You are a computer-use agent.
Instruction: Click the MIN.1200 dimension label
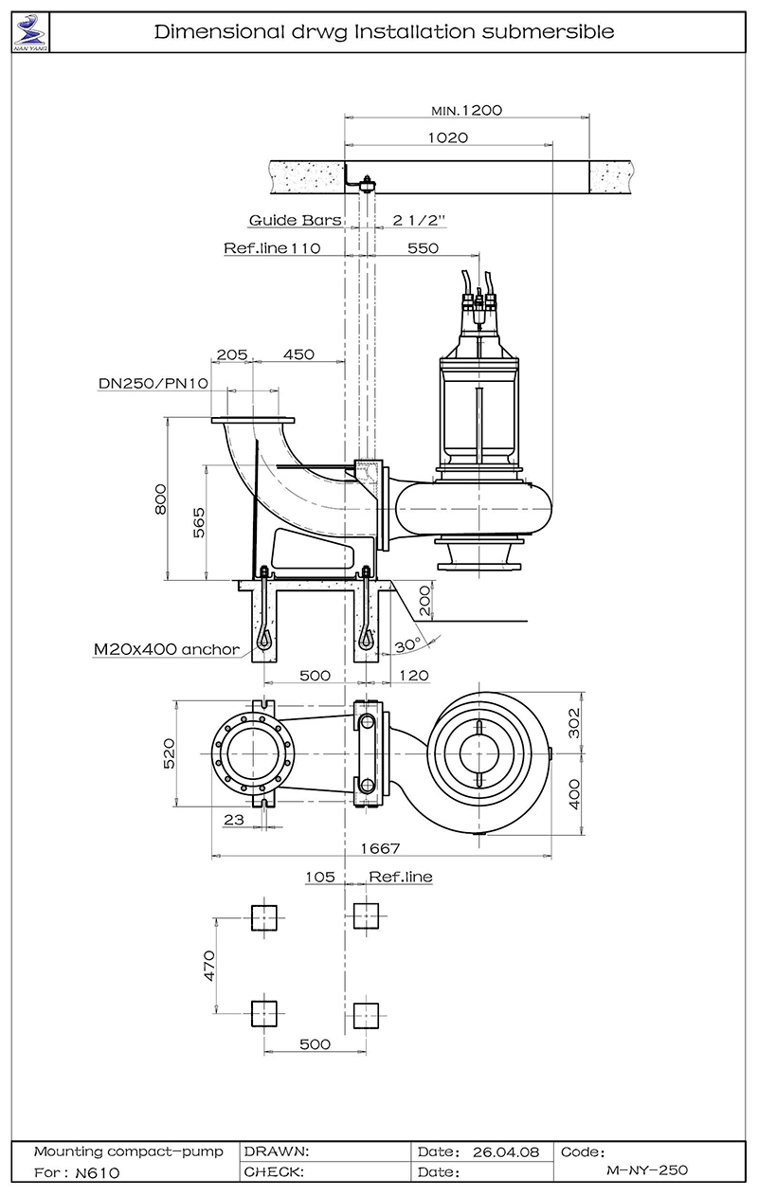466,111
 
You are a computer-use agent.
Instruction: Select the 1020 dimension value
448,137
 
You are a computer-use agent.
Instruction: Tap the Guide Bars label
296,220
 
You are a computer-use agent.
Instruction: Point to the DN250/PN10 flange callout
153,384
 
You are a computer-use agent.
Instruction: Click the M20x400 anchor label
167,649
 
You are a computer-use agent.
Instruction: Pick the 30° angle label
407,645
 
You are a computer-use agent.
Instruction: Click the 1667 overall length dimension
380,848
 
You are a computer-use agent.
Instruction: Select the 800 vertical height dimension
160,499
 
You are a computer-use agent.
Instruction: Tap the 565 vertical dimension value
199,523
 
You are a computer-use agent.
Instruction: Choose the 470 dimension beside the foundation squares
209,966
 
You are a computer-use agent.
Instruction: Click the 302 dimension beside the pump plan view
574,723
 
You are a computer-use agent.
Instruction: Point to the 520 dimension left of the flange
169,753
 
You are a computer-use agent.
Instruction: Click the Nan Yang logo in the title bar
30,32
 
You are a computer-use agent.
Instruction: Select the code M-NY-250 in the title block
647,1170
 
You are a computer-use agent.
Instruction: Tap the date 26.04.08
506,1152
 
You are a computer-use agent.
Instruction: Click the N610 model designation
98,1172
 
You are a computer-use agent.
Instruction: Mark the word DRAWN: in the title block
277,1151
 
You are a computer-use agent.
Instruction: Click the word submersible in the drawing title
549,32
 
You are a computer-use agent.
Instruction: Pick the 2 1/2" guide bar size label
419,220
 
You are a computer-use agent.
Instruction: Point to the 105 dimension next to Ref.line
320,877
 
